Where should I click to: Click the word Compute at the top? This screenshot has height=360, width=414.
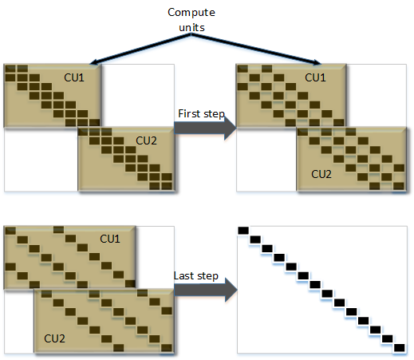click(x=191, y=13)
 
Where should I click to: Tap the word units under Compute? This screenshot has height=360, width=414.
click(x=191, y=27)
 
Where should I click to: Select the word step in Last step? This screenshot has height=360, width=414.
click(x=207, y=276)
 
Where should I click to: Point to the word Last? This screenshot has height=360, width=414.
click(x=184, y=275)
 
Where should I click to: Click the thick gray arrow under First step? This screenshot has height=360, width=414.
click(x=205, y=128)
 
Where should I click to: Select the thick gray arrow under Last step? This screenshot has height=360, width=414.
click(x=206, y=290)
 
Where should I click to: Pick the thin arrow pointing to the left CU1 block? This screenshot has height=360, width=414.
click(x=140, y=49)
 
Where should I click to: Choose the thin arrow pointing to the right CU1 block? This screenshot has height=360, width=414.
click(x=256, y=49)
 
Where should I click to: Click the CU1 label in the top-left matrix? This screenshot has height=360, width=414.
click(x=74, y=77)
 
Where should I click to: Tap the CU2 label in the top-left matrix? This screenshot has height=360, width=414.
click(x=146, y=140)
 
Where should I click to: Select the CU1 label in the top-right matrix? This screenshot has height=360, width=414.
click(x=315, y=77)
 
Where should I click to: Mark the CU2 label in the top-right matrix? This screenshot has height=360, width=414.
click(x=321, y=174)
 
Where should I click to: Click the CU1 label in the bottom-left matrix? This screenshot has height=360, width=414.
click(x=110, y=239)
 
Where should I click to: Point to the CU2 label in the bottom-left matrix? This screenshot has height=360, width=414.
click(x=54, y=338)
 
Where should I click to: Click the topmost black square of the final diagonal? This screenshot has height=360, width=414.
click(x=243, y=231)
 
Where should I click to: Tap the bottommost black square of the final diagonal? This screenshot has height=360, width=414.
click(x=400, y=348)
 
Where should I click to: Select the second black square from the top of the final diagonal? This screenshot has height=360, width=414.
click(x=255, y=239)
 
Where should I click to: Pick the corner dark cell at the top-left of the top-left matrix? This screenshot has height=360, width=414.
click(x=10, y=69)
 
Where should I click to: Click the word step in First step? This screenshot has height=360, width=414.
click(x=214, y=114)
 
